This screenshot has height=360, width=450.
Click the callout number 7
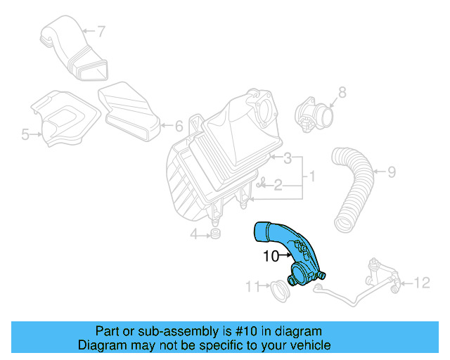[x=101, y=31]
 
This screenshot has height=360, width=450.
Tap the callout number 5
[x=25, y=134]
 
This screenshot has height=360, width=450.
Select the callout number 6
[x=179, y=127]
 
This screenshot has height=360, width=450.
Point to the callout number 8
[x=342, y=91]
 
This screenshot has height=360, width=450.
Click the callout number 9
[x=392, y=171]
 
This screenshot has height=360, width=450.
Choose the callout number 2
[x=278, y=186]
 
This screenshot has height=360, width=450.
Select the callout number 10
[x=271, y=257]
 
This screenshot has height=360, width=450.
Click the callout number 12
[x=421, y=283]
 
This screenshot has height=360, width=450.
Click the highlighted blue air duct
[x=295, y=253]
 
